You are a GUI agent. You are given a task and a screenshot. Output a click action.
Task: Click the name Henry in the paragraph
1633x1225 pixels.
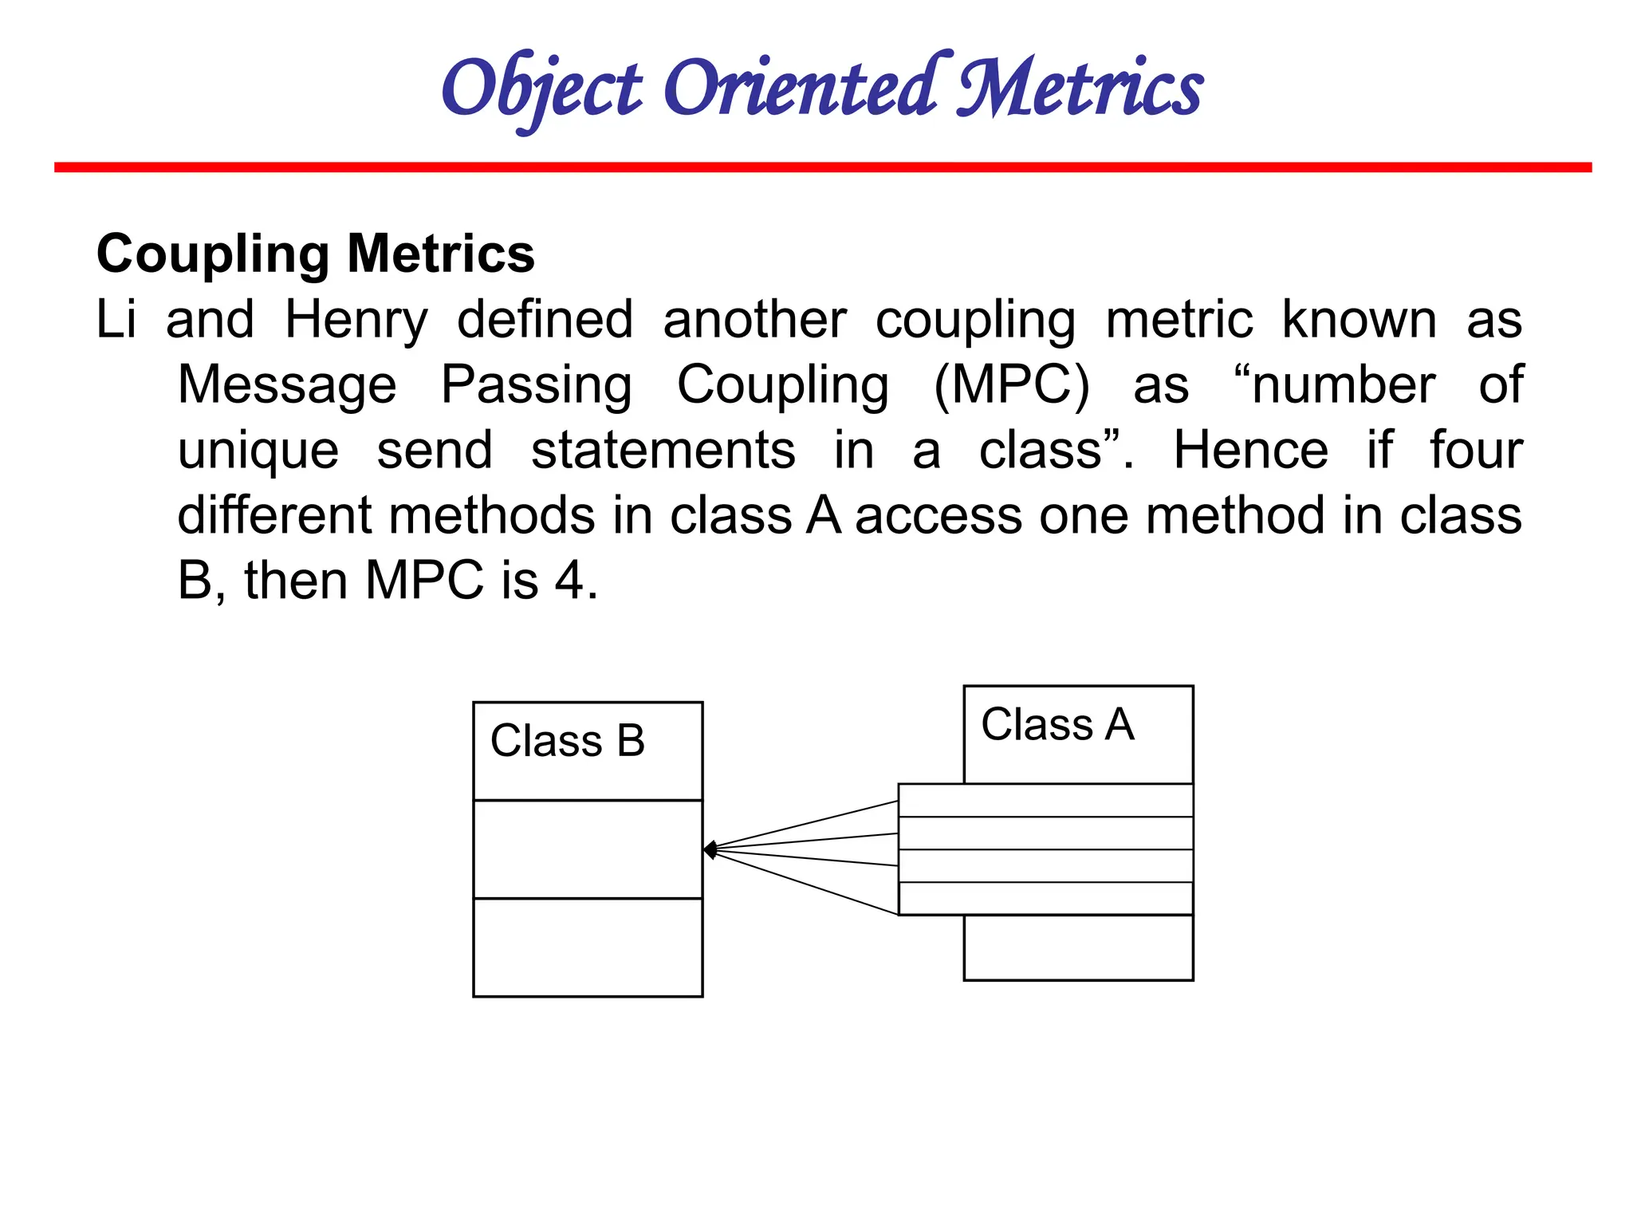[356, 321]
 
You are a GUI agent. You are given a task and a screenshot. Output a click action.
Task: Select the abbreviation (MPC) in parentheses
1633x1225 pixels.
[1011, 386]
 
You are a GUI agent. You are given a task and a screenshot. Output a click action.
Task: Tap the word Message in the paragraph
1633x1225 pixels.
[287, 386]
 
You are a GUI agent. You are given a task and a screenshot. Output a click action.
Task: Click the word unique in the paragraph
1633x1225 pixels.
[258, 451]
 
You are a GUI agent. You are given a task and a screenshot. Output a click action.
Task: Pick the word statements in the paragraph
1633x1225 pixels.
[663, 451]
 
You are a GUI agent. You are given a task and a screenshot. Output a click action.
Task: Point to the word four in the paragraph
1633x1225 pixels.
[1475, 451]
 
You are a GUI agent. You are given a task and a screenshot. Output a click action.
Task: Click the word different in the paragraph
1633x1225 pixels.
[273, 516]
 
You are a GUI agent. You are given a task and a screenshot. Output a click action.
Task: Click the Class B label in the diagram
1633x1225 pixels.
[568, 741]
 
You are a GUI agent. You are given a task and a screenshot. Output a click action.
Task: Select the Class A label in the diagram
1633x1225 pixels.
[1057, 725]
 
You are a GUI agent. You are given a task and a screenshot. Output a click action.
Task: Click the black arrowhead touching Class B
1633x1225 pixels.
[710, 850]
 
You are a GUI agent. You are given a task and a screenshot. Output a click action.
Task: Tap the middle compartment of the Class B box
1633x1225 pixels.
[588, 849]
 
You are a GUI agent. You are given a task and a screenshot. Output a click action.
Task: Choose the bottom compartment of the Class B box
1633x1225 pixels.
[588, 947]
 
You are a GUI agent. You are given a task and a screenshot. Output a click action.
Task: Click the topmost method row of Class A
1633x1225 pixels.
[1045, 801]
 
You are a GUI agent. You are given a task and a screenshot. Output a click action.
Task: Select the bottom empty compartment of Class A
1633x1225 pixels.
[1078, 947]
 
